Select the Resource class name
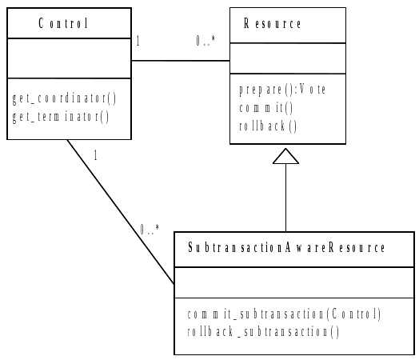click(x=273, y=24)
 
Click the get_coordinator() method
click(x=65, y=99)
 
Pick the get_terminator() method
click(x=61, y=116)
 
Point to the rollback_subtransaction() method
click(x=263, y=331)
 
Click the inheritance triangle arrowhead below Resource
click(x=285, y=158)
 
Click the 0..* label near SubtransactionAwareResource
click(x=150, y=230)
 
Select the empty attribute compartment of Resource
click(x=288, y=59)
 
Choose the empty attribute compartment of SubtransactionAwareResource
click(x=294, y=282)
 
